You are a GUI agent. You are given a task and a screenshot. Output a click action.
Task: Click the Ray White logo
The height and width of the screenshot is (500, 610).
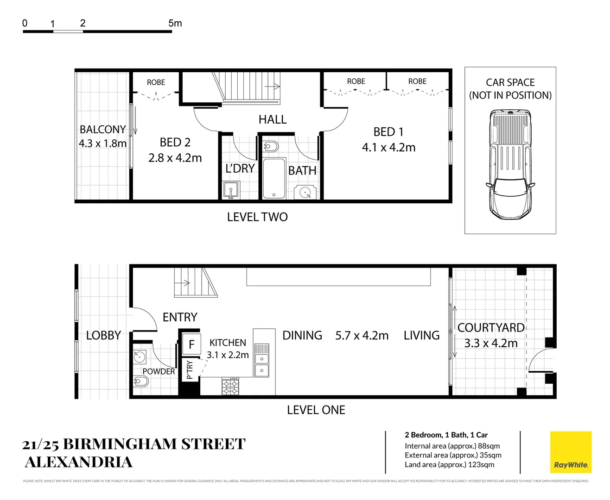571,452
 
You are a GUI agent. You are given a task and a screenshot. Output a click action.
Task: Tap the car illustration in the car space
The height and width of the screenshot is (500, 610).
510,164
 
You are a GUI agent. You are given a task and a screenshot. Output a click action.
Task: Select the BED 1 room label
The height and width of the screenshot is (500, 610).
388,132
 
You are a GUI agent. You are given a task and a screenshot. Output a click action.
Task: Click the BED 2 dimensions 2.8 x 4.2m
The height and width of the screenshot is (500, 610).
175,158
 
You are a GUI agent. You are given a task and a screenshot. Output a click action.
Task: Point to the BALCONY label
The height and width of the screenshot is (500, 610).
102,130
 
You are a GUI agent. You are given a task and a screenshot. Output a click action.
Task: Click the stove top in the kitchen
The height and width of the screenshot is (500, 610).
230,386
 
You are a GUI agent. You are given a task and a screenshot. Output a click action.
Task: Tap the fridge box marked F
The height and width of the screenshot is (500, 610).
191,344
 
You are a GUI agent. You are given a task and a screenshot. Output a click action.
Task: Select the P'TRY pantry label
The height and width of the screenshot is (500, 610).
189,370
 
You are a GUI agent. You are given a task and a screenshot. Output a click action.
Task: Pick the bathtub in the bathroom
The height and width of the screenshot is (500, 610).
273,178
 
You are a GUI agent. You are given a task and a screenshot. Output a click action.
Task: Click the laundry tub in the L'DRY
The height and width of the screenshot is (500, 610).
230,190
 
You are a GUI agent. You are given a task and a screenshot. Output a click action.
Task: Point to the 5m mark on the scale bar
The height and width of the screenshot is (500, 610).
175,23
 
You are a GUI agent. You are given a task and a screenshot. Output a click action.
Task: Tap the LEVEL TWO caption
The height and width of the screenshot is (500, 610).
257,217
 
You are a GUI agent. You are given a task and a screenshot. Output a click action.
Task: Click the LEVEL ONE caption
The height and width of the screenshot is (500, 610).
316,410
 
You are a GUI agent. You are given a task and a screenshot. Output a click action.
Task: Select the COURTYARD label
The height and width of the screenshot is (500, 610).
490,328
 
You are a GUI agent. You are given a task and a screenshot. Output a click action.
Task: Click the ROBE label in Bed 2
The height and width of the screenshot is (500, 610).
156,82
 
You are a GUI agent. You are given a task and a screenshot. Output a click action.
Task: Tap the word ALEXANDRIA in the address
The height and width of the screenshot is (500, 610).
78,462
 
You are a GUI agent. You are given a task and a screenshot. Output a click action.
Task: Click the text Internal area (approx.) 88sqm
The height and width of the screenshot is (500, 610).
452,446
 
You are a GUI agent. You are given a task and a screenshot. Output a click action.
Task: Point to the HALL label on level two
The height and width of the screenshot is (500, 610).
273,119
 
